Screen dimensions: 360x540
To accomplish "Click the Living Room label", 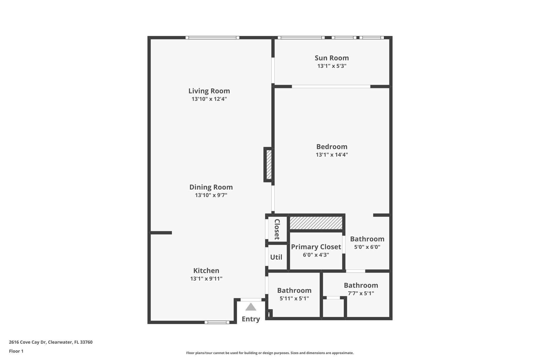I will tap(209, 91).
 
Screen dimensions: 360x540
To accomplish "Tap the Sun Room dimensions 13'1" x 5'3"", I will tap(332, 66).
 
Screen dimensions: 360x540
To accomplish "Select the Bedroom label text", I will tap(332, 147).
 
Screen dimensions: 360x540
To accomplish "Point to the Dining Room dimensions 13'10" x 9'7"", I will tap(211, 195).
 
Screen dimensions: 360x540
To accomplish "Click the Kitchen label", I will tap(206, 271).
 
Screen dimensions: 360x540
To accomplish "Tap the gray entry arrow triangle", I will tap(251, 307).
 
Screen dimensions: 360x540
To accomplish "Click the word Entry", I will tap(251, 319).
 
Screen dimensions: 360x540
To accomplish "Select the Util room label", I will tap(276, 257).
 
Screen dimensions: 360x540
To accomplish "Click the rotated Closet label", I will tap(277, 229).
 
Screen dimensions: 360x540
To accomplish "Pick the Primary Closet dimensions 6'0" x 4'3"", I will tap(316, 255).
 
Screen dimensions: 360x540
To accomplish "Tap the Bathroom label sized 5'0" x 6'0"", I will tap(367, 239).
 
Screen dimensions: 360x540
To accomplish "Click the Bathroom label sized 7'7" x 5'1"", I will tap(361, 285).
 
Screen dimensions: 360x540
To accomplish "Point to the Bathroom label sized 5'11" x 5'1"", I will tap(294, 290).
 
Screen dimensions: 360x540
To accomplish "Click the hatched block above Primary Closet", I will tap(316, 223).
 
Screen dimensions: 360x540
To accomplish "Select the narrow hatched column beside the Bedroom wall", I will tap(269, 165).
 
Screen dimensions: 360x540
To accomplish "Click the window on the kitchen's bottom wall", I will tap(217, 322).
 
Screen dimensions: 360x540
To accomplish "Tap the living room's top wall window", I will tap(212, 37).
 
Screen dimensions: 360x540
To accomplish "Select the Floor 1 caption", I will tap(16, 351).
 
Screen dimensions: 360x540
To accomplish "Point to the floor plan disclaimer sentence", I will tap(270, 353).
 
